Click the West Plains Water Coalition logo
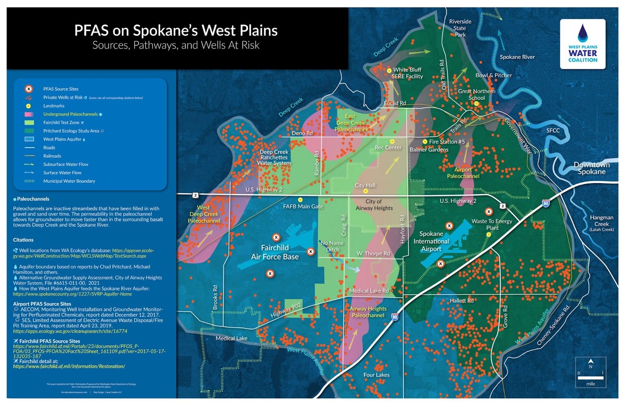[582, 44]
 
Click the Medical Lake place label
[232, 338]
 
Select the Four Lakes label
[376, 375]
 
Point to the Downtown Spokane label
[591, 168]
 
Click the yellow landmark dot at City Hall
[365, 191]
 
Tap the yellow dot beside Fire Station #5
[425, 142]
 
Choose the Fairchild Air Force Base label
[275, 252]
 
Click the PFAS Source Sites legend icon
[29, 89]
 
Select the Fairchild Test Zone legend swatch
[29, 123]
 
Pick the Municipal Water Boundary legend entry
[69, 181]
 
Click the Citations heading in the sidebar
[23, 240]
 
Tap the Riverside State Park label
[460, 28]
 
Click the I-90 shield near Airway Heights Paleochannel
[395, 317]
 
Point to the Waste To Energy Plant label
[492, 224]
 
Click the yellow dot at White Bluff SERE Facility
[389, 71]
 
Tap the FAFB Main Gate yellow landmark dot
[300, 200]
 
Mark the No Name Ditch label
[332, 246]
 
